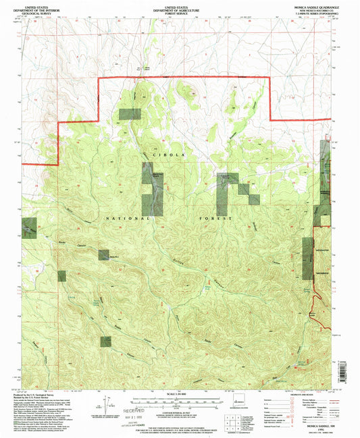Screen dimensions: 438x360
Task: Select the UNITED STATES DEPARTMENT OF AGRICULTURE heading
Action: (180, 9)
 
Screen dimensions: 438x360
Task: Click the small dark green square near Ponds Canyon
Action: (104, 254)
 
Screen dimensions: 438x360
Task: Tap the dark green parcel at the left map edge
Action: (29, 228)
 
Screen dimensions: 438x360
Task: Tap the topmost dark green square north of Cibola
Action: (126, 114)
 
